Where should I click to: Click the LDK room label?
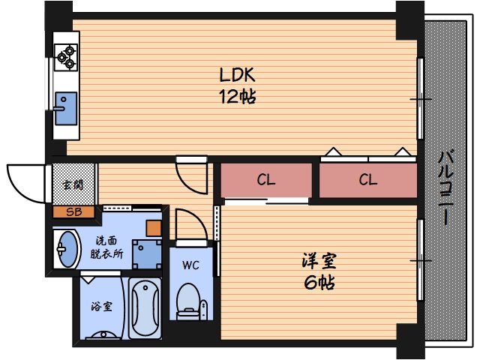(x=238, y=75)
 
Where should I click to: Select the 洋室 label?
(x=319, y=262)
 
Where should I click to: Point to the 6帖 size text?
(x=319, y=283)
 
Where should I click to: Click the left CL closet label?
(x=265, y=180)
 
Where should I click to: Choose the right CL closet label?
(x=367, y=180)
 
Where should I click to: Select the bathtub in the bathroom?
(x=145, y=310)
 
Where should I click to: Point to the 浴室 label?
(x=102, y=306)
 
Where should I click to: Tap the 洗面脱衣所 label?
(x=104, y=247)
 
